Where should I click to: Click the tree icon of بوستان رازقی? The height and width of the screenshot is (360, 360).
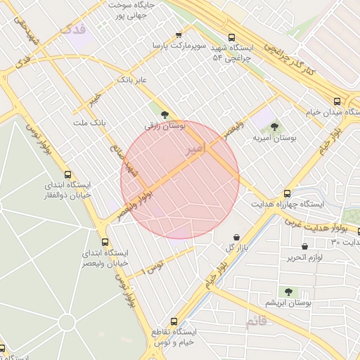click(x=165, y=114)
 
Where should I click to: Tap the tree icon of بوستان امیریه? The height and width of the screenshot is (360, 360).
click(x=274, y=127)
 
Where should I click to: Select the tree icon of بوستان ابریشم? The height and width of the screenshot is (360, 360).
click(x=288, y=291)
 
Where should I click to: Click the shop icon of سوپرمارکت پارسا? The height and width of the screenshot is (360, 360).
click(x=179, y=34)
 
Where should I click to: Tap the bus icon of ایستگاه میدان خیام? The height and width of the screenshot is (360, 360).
click(x=337, y=101)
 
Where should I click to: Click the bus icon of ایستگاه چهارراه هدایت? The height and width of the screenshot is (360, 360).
click(x=287, y=193)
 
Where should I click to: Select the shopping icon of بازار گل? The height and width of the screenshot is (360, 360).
click(x=236, y=236)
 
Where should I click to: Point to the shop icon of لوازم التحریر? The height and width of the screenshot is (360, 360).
click(x=304, y=246)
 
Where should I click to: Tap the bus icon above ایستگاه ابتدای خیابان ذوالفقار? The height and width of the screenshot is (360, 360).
click(x=67, y=174)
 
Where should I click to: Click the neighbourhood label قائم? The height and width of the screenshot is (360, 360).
click(x=257, y=322)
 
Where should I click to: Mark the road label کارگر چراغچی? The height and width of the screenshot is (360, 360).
click(x=288, y=58)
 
